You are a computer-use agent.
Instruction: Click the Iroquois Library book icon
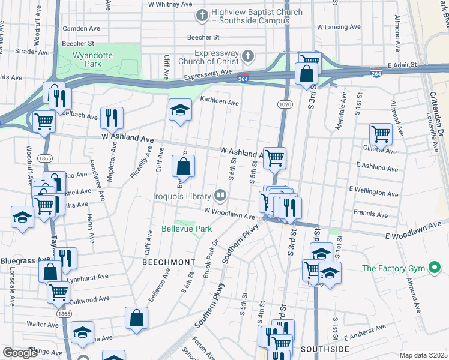pos(220,195)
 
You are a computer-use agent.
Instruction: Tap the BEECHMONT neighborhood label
pos(169,262)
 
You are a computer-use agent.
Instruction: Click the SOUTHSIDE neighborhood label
pos(325,349)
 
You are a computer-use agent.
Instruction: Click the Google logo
pos(19,353)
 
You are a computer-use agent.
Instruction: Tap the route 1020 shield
pos(285,104)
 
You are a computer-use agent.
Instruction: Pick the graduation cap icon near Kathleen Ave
pos(179,110)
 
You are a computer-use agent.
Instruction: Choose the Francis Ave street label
pos(371,213)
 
